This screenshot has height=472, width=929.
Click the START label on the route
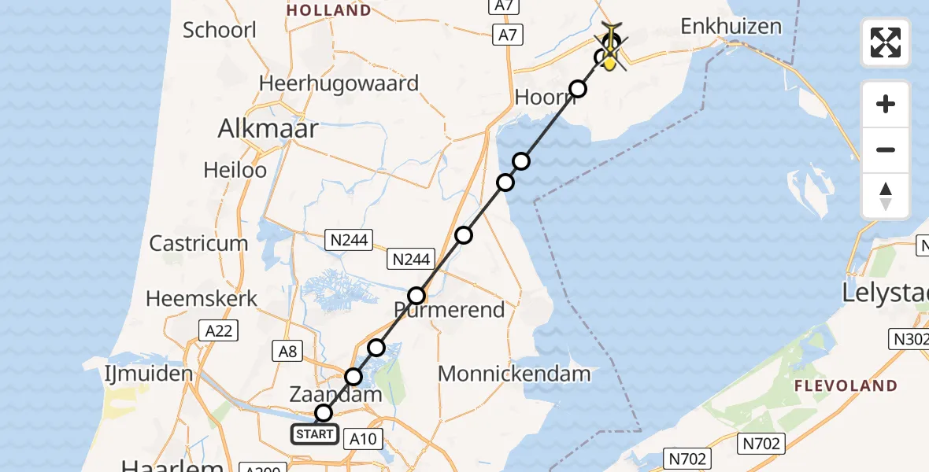[x=315, y=434]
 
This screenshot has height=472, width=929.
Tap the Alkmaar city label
[x=268, y=128]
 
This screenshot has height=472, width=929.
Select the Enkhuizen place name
[x=731, y=26]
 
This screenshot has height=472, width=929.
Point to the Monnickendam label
[x=514, y=373]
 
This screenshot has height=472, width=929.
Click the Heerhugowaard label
[x=339, y=83]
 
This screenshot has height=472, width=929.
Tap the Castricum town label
[x=198, y=243]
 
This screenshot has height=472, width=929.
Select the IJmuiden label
[x=148, y=373]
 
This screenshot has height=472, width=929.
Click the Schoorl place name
[x=220, y=30]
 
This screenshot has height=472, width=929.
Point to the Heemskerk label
[x=202, y=299]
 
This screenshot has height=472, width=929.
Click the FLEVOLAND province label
[x=845, y=385]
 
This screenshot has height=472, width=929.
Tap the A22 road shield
[x=218, y=331]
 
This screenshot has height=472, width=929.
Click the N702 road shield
[x=687, y=458]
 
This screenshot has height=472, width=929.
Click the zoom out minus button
[x=886, y=149]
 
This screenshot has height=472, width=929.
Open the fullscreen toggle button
[x=886, y=42]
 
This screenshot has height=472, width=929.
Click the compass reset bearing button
[x=886, y=195]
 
